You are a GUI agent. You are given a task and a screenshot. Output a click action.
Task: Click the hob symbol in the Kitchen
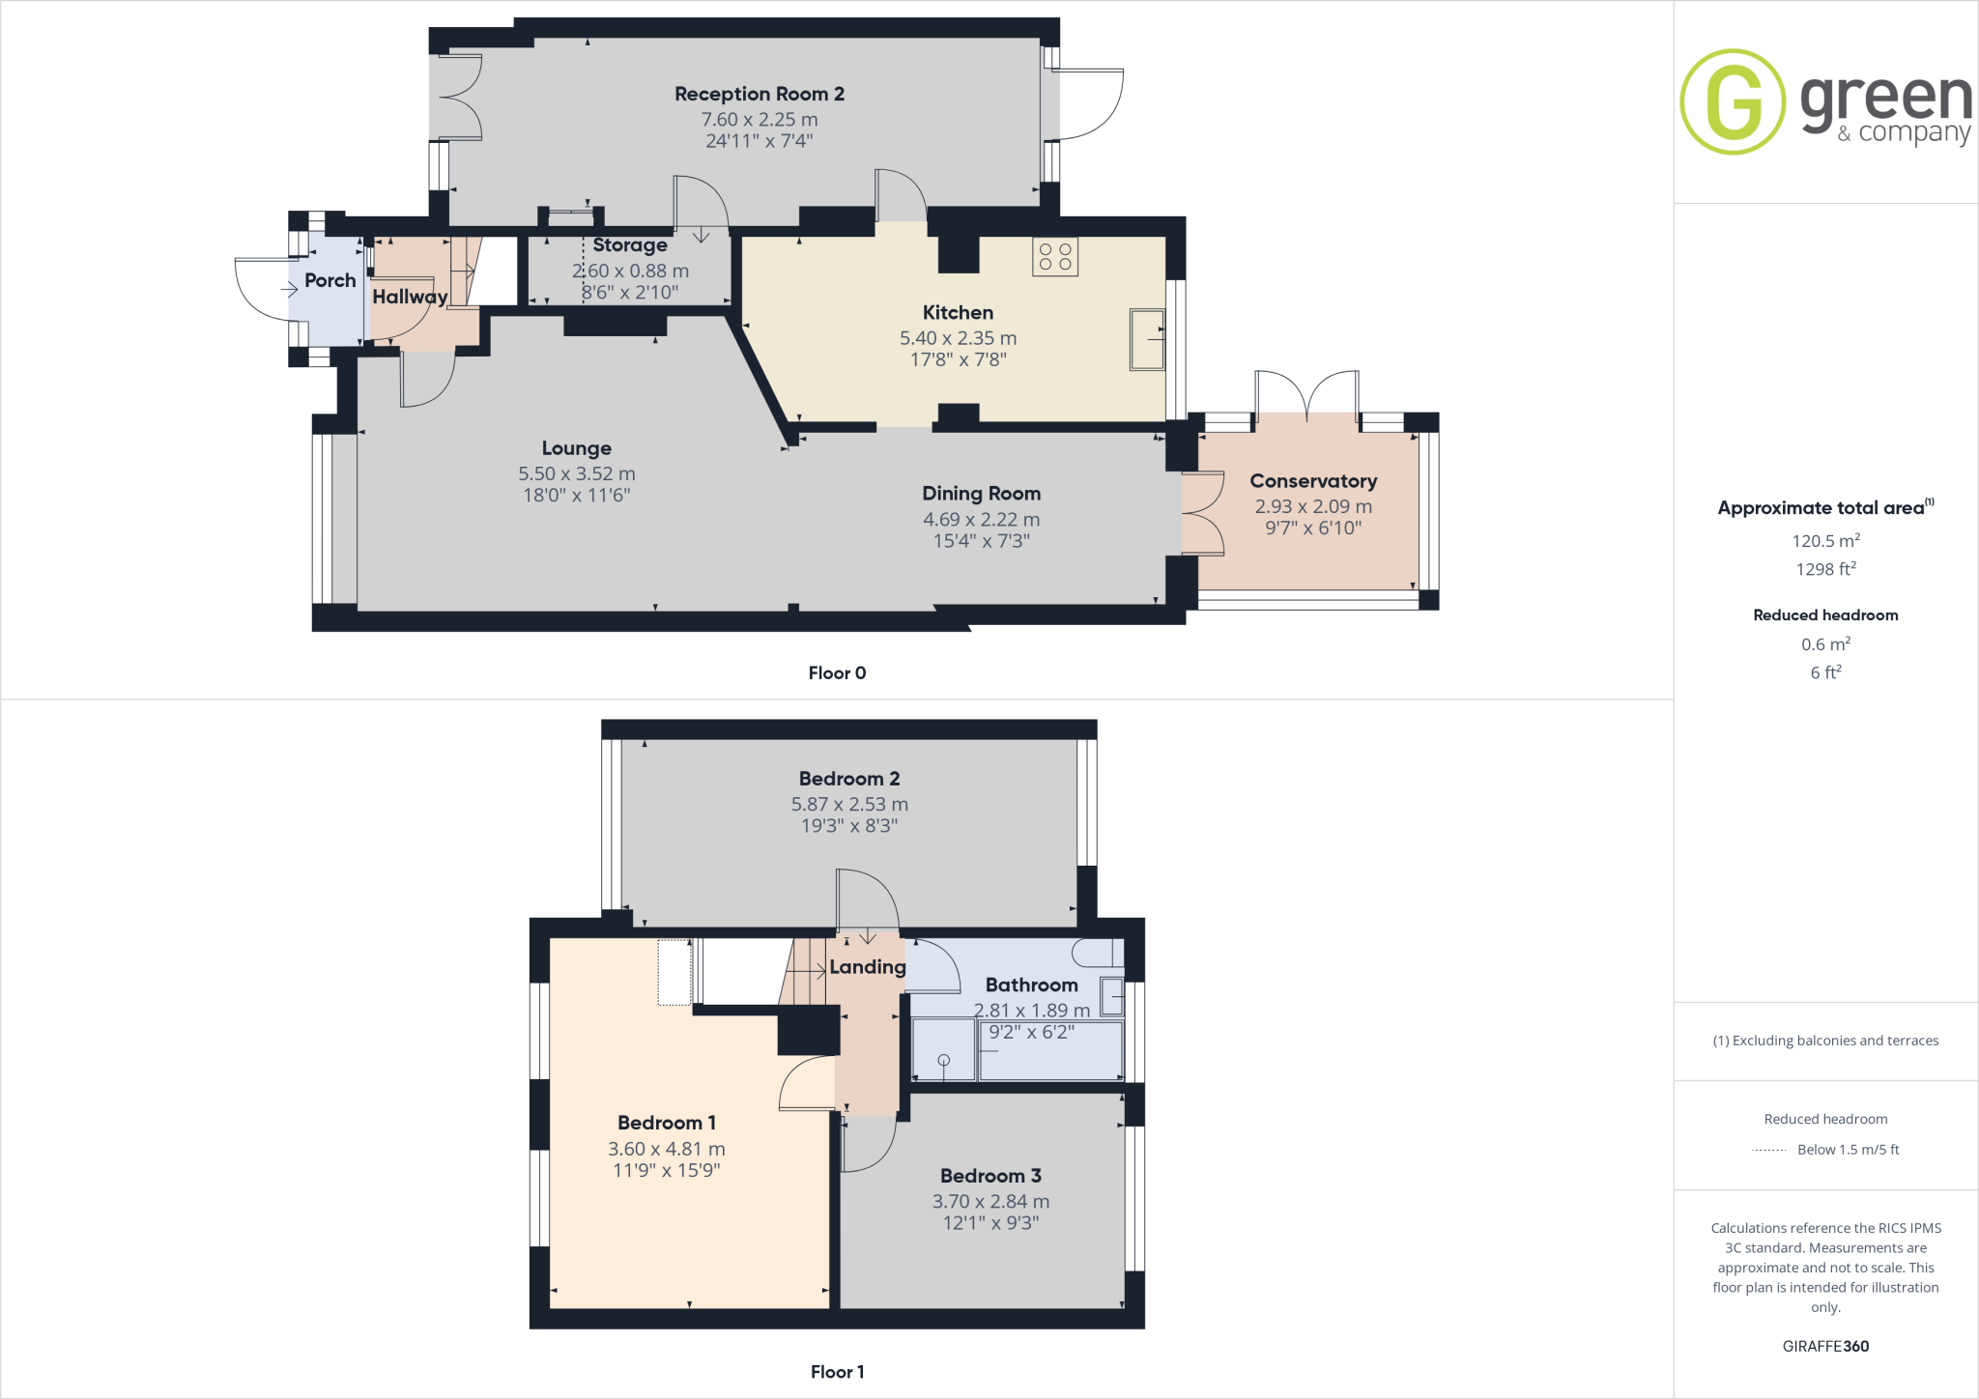point(1054,257)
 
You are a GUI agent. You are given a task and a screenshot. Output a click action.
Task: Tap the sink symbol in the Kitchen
point(1147,339)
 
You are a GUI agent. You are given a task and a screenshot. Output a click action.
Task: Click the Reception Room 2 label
point(759,94)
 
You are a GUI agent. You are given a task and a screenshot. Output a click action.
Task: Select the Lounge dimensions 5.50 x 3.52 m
point(576,473)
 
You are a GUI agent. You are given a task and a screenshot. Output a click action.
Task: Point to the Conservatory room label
point(1312,481)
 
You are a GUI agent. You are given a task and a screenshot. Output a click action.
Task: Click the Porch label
point(330,280)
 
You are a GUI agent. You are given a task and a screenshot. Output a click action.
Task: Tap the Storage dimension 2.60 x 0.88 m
point(630,271)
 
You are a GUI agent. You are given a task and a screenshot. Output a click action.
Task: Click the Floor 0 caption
point(837,673)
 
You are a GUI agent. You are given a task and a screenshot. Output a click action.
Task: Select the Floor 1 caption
point(837,1372)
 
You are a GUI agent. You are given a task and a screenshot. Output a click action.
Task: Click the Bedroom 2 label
point(848,779)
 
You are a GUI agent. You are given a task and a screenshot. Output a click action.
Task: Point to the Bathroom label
point(1031,985)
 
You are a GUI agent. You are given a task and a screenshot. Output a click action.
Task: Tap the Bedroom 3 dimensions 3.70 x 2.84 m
point(989,1201)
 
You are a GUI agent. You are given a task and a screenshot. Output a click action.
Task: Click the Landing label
point(867,967)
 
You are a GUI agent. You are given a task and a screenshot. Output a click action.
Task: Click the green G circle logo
point(1733,101)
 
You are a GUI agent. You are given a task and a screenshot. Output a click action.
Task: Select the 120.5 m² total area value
point(1825,541)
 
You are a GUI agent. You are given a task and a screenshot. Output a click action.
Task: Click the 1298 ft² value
point(1825,569)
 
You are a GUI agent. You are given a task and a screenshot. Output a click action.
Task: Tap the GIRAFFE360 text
point(1825,1346)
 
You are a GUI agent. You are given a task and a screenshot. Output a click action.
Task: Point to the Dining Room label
point(981,494)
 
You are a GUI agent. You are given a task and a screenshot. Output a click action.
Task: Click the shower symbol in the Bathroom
point(944,1061)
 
